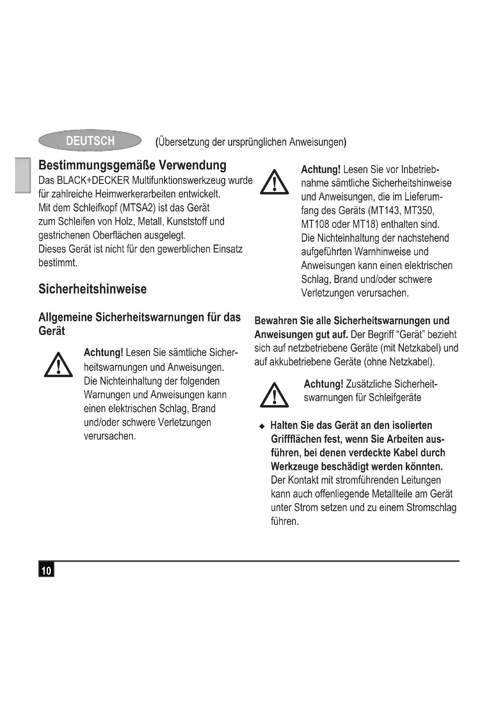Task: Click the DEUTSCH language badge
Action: coord(90,141)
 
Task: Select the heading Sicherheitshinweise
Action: coord(92,289)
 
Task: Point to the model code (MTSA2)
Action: coord(137,208)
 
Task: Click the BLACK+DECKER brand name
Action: coord(93,180)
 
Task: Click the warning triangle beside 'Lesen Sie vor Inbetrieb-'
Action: coord(274,182)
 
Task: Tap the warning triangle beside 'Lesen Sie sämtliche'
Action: coord(58,365)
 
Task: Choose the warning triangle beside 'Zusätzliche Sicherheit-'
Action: coord(274,395)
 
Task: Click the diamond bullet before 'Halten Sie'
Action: coord(262,426)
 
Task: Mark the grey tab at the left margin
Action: coord(23,175)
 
